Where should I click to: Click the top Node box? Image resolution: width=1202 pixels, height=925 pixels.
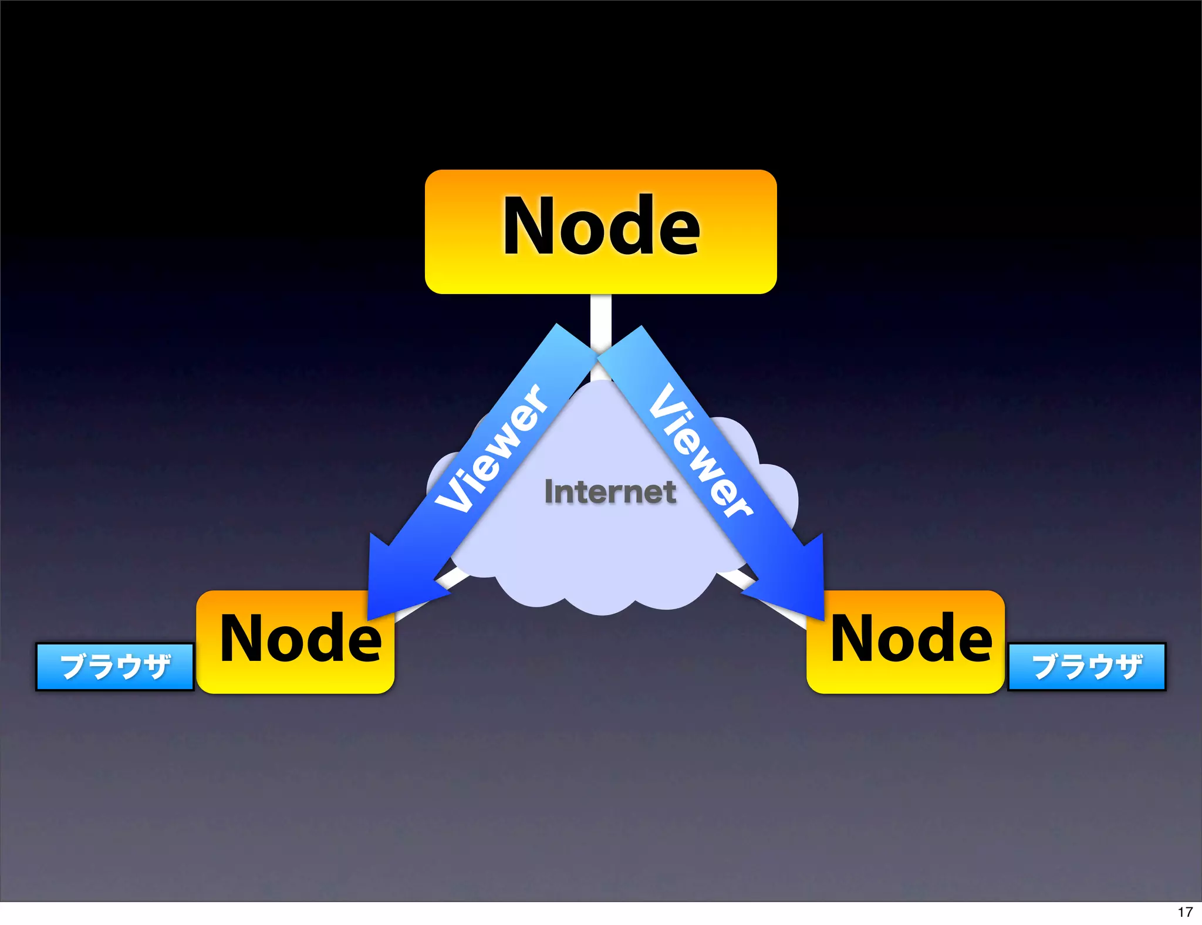pyautogui.click(x=600, y=231)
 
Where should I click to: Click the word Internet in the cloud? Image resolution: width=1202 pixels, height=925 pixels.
pyautogui.click(x=610, y=492)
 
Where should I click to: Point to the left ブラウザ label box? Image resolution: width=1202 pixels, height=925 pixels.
pyautogui.click(x=115, y=667)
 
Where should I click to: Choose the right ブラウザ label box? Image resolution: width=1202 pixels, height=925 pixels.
pyautogui.click(x=1087, y=667)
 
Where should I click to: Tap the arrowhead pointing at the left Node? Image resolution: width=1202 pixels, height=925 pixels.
pyautogui.click(x=393, y=581)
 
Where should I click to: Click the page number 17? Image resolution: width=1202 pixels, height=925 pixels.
pyautogui.click(x=1185, y=912)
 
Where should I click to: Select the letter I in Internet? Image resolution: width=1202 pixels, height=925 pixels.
pyautogui.click(x=549, y=491)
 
